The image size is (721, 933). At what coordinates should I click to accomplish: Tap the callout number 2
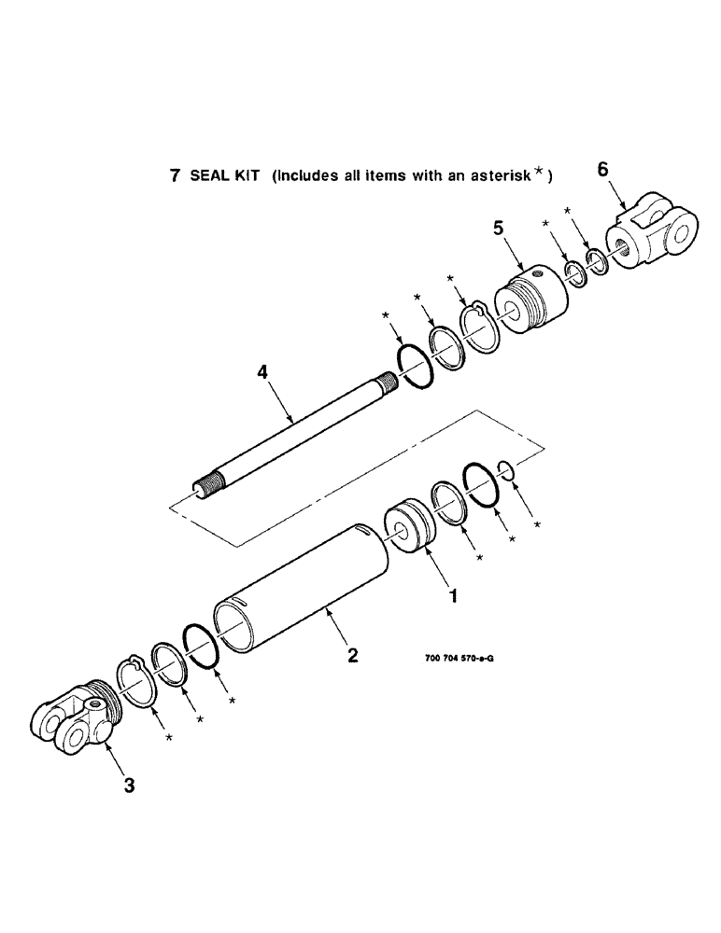pos(352,655)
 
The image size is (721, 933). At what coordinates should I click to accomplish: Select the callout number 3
pos(129,786)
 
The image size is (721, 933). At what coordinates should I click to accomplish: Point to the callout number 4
pos(263,373)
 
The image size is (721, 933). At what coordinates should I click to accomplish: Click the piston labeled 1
pos(410,528)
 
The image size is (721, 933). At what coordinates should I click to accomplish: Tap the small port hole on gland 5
pos(539,274)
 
